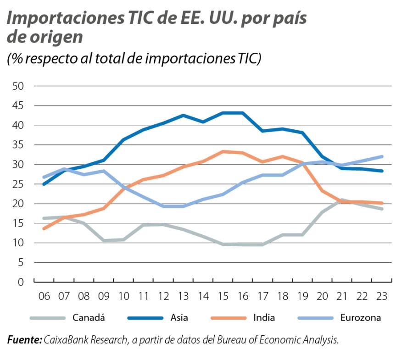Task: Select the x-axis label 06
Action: pyautogui.click(x=44, y=296)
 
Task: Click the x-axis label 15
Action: pyautogui.click(x=223, y=296)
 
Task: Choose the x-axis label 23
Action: pyautogui.click(x=381, y=296)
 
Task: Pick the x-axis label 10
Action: pyautogui.click(x=123, y=296)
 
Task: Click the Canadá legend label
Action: pyautogui.click(x=89, y=317)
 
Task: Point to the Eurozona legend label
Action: pyautogui.click(x=361, y=317)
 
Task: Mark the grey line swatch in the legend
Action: pyautogui.click(x=46, y=317)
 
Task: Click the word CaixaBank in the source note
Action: pyautogui.click(x=65, y=340)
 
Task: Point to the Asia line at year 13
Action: pyautogui.click(x=183, y=116)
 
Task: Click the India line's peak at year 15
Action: pyautogui.click(x=223, y=151)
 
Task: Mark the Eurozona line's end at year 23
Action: pyautogui.click(x=381, y=156)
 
